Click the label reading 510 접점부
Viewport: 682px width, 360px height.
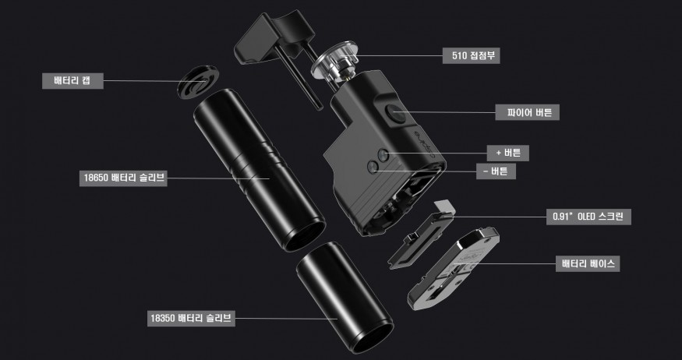[x=471, y=55]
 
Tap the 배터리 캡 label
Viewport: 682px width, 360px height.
[x=72, y=81]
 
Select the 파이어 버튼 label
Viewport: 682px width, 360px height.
[x=527, y=112]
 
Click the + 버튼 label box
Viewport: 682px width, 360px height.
[x=508, y=153]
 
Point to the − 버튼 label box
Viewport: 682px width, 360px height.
[x=496, y=171]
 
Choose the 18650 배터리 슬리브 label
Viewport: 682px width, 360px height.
[x=123, y=178]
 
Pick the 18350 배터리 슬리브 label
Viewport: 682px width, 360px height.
[x=191, y=318]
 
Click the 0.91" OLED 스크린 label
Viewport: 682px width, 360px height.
[x=588, y=217]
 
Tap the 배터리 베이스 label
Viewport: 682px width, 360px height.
[x=588, y=263]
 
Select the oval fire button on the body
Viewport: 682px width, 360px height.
[x=396, y=114]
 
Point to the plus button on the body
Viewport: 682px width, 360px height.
[x=383, y=155]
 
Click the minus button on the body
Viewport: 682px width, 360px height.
[x=373, y=167]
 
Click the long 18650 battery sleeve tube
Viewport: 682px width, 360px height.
[x=260, y=170]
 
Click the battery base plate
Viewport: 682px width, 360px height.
[x=453, y=268]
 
